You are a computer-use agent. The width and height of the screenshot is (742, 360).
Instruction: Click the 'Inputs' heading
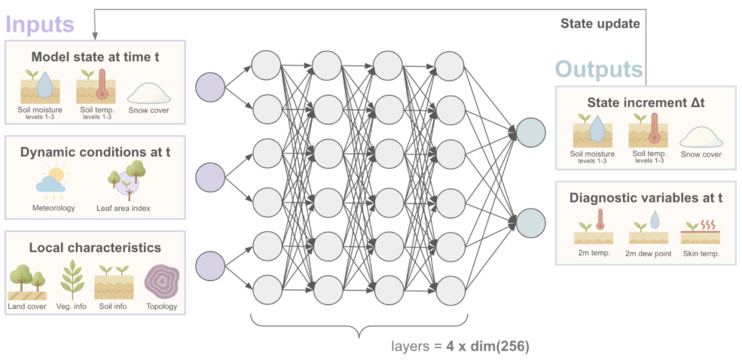pos(40,23)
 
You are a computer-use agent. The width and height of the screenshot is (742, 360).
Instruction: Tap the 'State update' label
pos(600,23)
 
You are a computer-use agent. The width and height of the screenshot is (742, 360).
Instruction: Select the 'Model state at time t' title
pos(94,56)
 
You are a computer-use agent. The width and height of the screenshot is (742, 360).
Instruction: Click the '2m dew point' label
pos(647,254)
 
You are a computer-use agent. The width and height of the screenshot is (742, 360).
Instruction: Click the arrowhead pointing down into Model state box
pos(95,36)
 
